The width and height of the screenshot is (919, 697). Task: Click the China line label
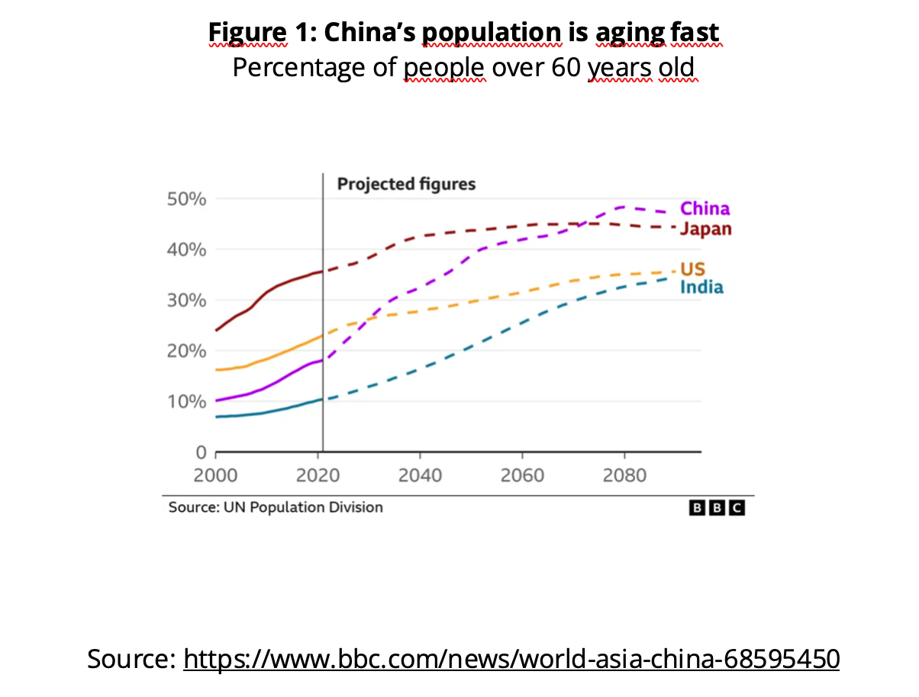tap(705, 209)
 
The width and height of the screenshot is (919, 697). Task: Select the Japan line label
tap(705, 229)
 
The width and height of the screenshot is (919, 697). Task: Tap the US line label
tap(692, 269)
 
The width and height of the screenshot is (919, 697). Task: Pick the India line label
tap(701, 287)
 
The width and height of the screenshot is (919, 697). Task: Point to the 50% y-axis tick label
tap(186, 199)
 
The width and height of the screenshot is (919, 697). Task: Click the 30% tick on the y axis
tap(186, 300)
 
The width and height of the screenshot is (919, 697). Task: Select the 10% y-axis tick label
tap(186, 402)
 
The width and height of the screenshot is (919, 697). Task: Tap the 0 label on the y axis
tap(201, 453)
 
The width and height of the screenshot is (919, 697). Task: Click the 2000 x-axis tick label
tap(216, 476)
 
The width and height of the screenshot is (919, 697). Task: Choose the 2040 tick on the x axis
tap(420, 476)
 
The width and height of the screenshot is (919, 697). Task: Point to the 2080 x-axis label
tap(624, 476)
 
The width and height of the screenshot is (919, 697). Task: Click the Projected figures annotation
tap(406, 185)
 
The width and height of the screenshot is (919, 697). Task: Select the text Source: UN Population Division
tap(276, 507)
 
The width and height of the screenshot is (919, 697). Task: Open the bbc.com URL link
tap(511, 657)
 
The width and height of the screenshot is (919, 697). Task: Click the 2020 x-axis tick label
tap(318, 476)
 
